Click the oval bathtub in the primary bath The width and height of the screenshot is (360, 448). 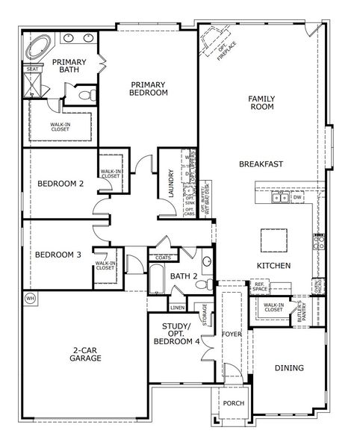pos(36,49)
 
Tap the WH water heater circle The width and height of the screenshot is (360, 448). pos(30,298)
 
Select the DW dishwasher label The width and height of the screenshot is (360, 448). pos(297,197)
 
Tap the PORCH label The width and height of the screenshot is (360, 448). pos(233,403)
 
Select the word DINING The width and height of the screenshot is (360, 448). pos(288,367)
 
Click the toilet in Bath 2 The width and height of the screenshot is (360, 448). pos(207,262)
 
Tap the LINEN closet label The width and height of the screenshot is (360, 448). pos(177,308)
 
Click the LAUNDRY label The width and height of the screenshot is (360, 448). pos(171,184)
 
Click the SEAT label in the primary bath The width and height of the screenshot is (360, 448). pos(31,69)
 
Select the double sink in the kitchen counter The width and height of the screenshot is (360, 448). pos(281,197)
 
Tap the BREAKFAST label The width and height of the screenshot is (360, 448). pos(260,164)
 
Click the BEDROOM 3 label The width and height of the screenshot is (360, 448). pos(58,254)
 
